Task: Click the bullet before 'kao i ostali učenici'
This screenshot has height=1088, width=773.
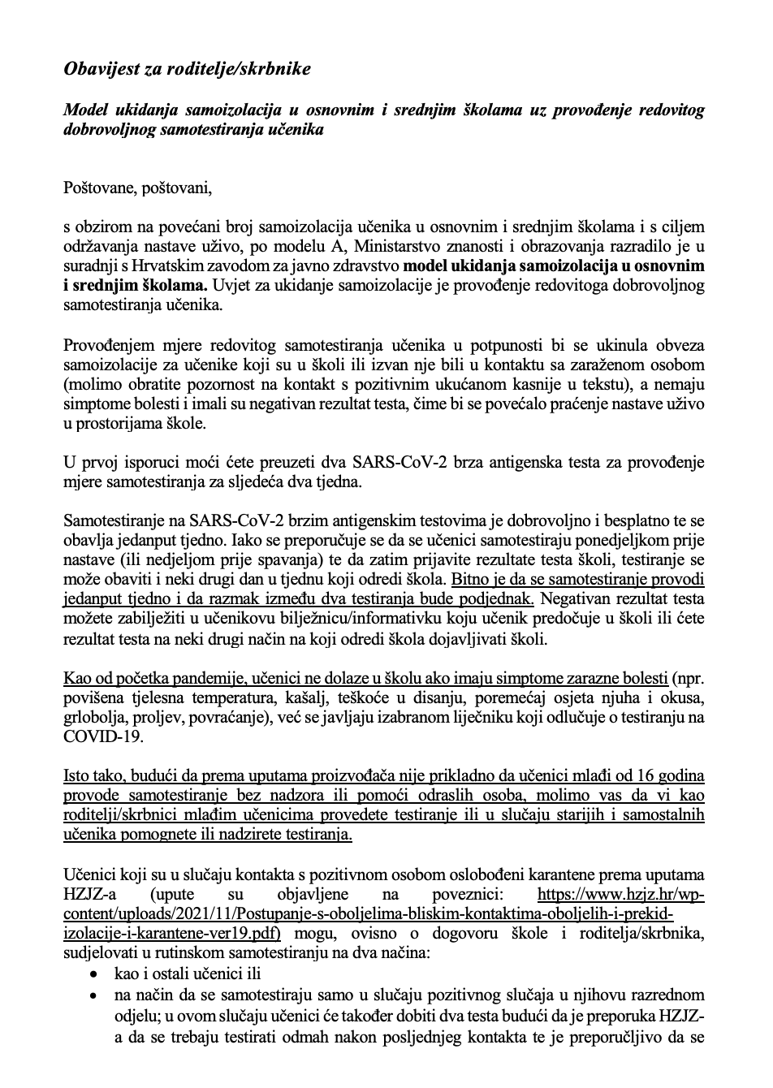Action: point(96,974)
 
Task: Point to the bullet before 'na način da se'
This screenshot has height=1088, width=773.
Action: point(96,995)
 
